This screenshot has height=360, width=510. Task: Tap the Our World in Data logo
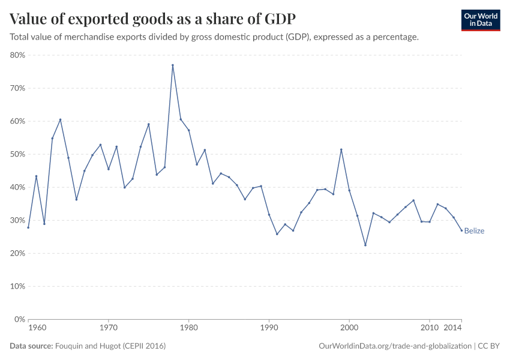480,20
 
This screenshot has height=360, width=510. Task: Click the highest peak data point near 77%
173,65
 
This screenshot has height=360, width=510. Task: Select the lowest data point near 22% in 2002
365,245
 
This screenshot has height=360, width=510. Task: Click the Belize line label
474,231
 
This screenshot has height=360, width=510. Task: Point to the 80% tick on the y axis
17,55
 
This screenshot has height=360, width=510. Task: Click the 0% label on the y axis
19,319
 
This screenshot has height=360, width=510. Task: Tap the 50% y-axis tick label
17,154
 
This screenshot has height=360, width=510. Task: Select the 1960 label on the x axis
37,328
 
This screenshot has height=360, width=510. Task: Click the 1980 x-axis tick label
189,328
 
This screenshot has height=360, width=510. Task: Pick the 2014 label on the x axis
452,328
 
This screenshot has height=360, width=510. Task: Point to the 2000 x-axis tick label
349,328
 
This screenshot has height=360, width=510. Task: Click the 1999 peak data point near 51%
341,150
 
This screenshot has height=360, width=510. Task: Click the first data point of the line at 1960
28,227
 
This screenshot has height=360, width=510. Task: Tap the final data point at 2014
461,230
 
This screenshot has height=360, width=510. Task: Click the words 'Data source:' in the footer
31,346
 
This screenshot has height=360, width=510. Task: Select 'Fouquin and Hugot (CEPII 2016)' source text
110,346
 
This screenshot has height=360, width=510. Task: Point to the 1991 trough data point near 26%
277,234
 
